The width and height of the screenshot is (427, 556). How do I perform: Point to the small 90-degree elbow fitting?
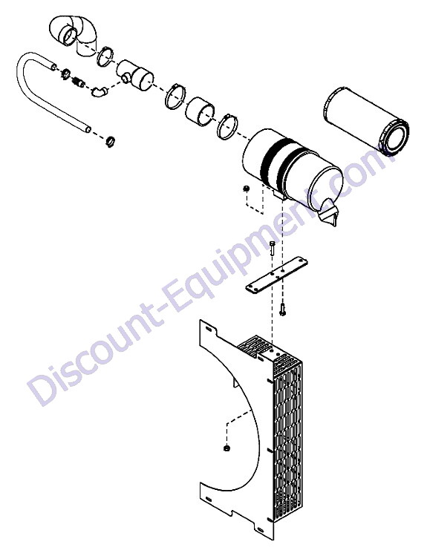[x=99, y=91]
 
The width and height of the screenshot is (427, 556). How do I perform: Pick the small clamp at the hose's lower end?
[x=111, y=141]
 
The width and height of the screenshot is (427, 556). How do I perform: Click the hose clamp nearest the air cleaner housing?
[x=227, y=127]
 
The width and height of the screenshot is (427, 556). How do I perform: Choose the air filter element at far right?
[x=366, y=120]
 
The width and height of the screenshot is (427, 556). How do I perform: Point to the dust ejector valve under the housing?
[x=330, y=212]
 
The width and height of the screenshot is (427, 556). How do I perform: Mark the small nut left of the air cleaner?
[x=245, y=189]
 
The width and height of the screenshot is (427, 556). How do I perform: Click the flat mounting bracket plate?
[x=277, y=275]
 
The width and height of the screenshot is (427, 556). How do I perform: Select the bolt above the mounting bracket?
[x=272, y=248]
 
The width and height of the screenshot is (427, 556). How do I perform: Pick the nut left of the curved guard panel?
[x=226, y=448]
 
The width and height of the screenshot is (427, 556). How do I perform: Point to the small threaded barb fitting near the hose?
[x=79, y=83]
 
